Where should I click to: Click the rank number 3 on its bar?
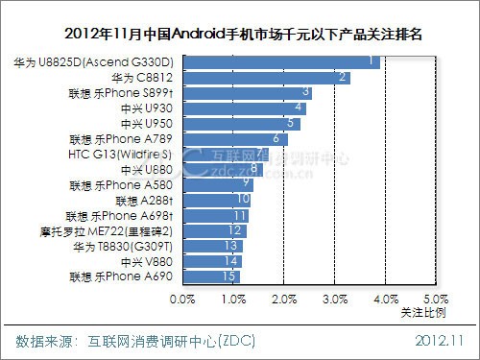pyautogui.click(x=306, y=93)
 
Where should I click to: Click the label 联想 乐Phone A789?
pyautogui.click(x=125, y=139)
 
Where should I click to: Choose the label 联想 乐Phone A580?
pyautogui.click(x=125, y=184)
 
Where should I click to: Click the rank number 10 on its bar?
pyautogui.click(x=243, y=200)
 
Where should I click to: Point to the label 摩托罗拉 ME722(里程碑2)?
pyautogui.click(x=120, y=231)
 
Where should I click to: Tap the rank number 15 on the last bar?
pyautogui.click(x=228, y=276)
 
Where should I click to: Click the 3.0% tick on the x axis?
pyautogui.click(x=334, y=300)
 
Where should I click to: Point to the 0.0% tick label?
pyautogui.click(x=182, y=300)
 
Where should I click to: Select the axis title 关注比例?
pyautogui.click(x=423, y=313)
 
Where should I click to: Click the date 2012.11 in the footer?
pyautogui.click(x=440, y=341)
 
